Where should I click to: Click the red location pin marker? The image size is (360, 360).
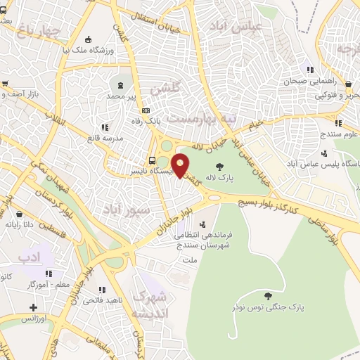[x=180, y=165]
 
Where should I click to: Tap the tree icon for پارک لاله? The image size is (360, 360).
[x=221, y=167]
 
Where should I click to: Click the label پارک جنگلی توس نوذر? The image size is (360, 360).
[x=266, y=308]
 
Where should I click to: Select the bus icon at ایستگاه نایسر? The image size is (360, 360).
[x=152, y=160]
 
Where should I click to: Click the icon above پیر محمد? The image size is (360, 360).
[x=121, y=84]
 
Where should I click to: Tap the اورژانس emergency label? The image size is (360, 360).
[x=33, y=319]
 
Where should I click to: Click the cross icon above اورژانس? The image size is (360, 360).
[x=33, y=307]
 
